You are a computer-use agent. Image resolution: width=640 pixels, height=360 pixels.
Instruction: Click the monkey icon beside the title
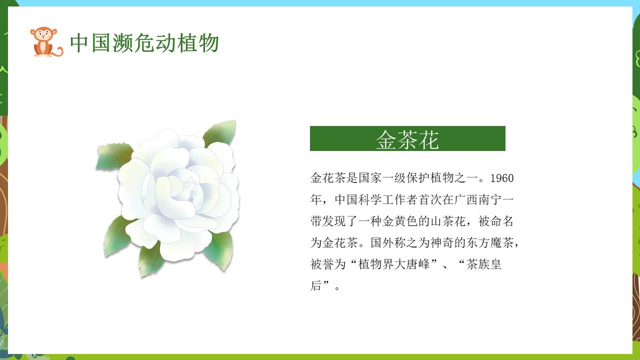click(x=45, y=42)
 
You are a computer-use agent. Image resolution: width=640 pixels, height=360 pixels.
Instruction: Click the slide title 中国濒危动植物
click(x=144, y=43)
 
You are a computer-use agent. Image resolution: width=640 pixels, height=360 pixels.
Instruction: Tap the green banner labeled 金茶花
click(x=407, y=138)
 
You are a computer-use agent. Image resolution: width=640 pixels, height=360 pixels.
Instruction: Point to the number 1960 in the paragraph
click(x=502, y=178)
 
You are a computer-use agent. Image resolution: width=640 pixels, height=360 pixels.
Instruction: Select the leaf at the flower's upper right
click(x=220, y=132)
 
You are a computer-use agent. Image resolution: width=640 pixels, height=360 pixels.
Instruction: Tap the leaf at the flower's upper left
click(x=114, y=155)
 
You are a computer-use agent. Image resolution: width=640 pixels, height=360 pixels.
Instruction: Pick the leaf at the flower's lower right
click(x=219, y=250)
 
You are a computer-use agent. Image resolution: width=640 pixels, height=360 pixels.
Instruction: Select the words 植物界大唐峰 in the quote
click(x=395, y=264)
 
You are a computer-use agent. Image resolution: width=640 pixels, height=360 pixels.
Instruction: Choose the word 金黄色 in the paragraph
click(x=406, y=221)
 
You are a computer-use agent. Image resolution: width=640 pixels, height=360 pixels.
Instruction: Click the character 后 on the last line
click(x=316, y=286)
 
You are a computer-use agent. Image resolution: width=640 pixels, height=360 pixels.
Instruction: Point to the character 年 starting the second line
click(x=316, y=200)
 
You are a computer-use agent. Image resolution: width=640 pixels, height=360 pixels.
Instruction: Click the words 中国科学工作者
click(x=371, y=200)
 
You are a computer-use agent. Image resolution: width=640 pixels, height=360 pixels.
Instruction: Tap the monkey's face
click(x=43, y=35)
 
